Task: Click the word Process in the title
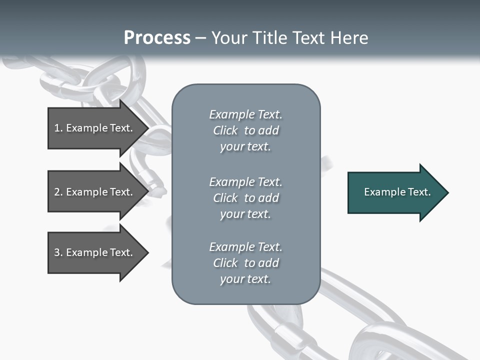(x=157, y=38)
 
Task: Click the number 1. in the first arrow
(x=58, y=128)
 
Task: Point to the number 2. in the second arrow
(x=58, y=192)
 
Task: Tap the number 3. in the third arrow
(x=58, y=252)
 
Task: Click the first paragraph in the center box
(x=245, y=130)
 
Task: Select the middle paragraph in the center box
(x=245, y=197)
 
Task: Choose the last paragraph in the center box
(x=245, y=263)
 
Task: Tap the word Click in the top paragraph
(x=225, y=130)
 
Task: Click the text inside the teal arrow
(x=397, y=192)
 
